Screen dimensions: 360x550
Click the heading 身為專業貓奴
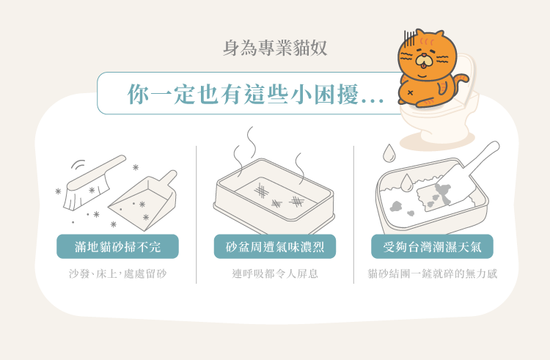tap(275, 49)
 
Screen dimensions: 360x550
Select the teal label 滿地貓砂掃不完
tap(118, 246)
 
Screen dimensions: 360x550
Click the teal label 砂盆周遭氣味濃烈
tap(275, 246)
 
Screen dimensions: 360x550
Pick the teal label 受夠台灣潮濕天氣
tap(433, 246)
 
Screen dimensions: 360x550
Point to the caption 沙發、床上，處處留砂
tap(118, 274)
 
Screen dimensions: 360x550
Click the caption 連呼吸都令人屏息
tap(275, 274)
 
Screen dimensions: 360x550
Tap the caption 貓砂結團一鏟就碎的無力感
tap(433, 274)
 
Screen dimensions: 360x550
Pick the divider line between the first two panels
tap(197, 213)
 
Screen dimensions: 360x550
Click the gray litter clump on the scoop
tap(443, 193)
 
